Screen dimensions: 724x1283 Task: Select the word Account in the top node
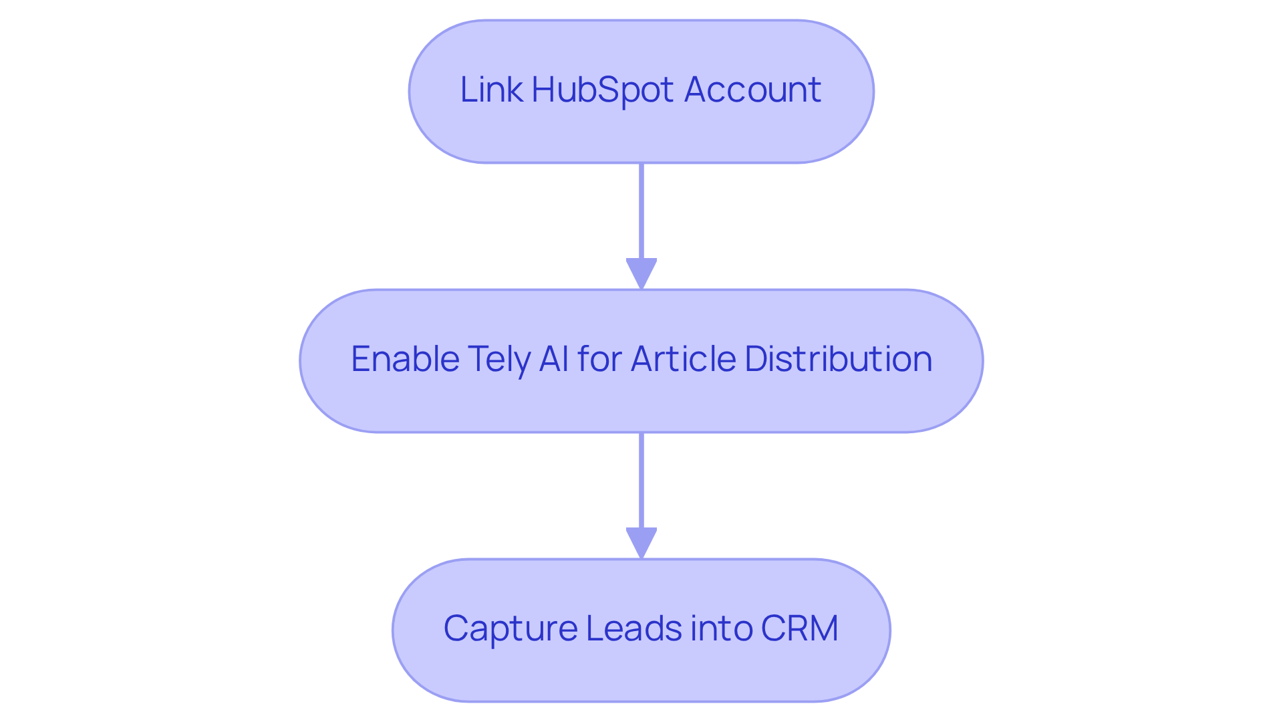(x=752, y=90)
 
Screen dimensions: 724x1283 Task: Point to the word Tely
(x=498, y=359)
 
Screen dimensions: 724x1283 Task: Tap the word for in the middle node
(x=601, y=359)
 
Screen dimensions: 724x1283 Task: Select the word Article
(x=684, y=359)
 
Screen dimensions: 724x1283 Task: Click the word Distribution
(x=838, y=359)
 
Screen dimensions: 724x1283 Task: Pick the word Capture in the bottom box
(x=510, y=628)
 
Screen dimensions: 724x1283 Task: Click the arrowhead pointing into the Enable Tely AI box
(x=641, y=273)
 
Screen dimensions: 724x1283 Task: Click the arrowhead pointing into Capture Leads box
(x=641, y=542)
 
